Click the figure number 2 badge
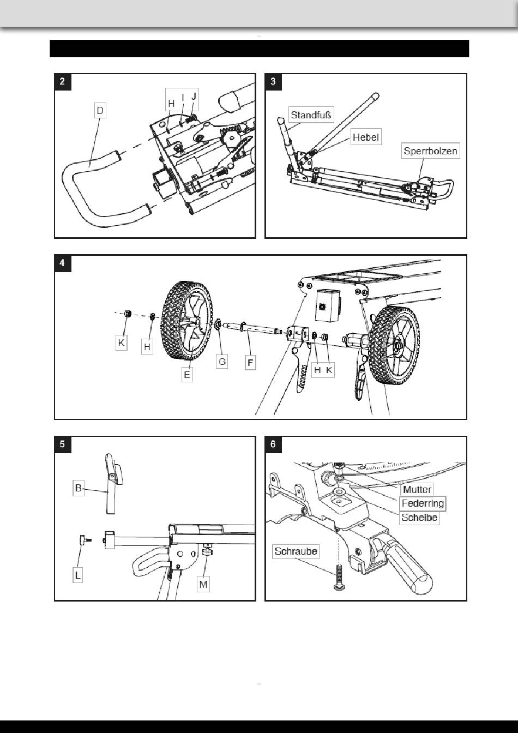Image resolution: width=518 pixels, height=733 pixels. pos(63,82)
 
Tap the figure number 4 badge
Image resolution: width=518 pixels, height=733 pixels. pos(63,263)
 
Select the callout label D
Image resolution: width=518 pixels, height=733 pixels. pos(100,111)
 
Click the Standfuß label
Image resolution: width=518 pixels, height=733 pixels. pos(311,115)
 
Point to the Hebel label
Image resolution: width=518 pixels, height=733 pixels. pos(366,137)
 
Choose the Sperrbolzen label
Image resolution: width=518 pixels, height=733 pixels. pos(430,151)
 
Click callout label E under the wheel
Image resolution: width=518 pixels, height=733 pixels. pos(187,374)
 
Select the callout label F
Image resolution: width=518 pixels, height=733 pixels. pos(251,363)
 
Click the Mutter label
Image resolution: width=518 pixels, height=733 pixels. pos(417,490)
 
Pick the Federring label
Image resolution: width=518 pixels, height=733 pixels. pos(423,503)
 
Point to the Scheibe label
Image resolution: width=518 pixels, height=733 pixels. pos(419,518)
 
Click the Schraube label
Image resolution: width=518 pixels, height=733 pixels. pos(296,551)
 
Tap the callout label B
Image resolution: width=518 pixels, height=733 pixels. pos(78,488)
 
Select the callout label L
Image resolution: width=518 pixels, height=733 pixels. pos(77,575)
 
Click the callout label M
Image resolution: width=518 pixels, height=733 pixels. pos(203,584)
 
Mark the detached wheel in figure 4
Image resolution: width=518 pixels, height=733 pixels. pos(187,320)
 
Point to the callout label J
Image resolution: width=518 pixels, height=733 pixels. pos(194,97)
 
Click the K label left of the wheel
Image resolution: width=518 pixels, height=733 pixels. pos(121,343)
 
